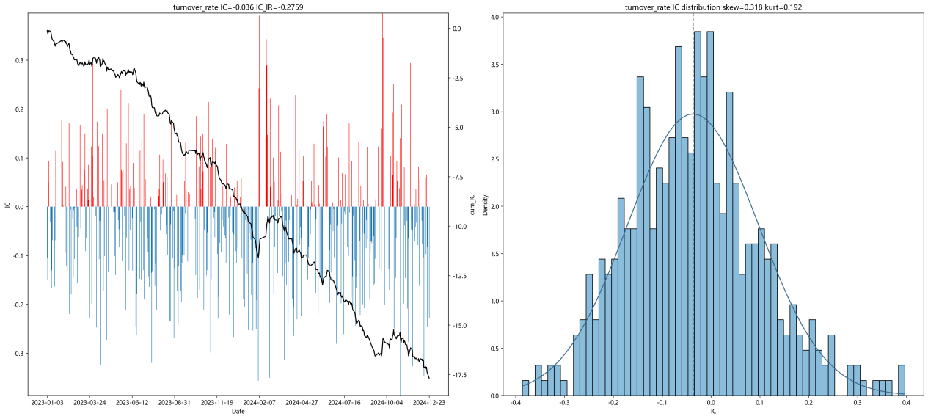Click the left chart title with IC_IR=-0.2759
[x=238, y=7]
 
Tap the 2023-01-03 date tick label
[x=47, y=402]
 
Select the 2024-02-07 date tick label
[x=260, y=402]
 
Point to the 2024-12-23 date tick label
[x=429, y=402]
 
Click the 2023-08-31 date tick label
[x=175, y=402]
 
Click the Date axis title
[x=238, y=412]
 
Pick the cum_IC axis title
[x=472, y=205]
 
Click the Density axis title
[x=486, y=205]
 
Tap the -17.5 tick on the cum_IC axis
[x=459, y=375]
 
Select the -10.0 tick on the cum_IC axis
[x=459, y=227]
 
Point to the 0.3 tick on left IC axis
[x=20, y=60]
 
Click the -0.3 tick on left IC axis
[x=18, y=354]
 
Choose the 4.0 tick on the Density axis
[x=494, y=17]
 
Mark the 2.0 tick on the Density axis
[x=494, y=206]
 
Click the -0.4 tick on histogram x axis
[x=515, y=402]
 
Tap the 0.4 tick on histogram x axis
[x=906, y=402]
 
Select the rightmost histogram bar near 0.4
[x=902, y=380]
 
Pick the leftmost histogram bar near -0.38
[x=525, y=388]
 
